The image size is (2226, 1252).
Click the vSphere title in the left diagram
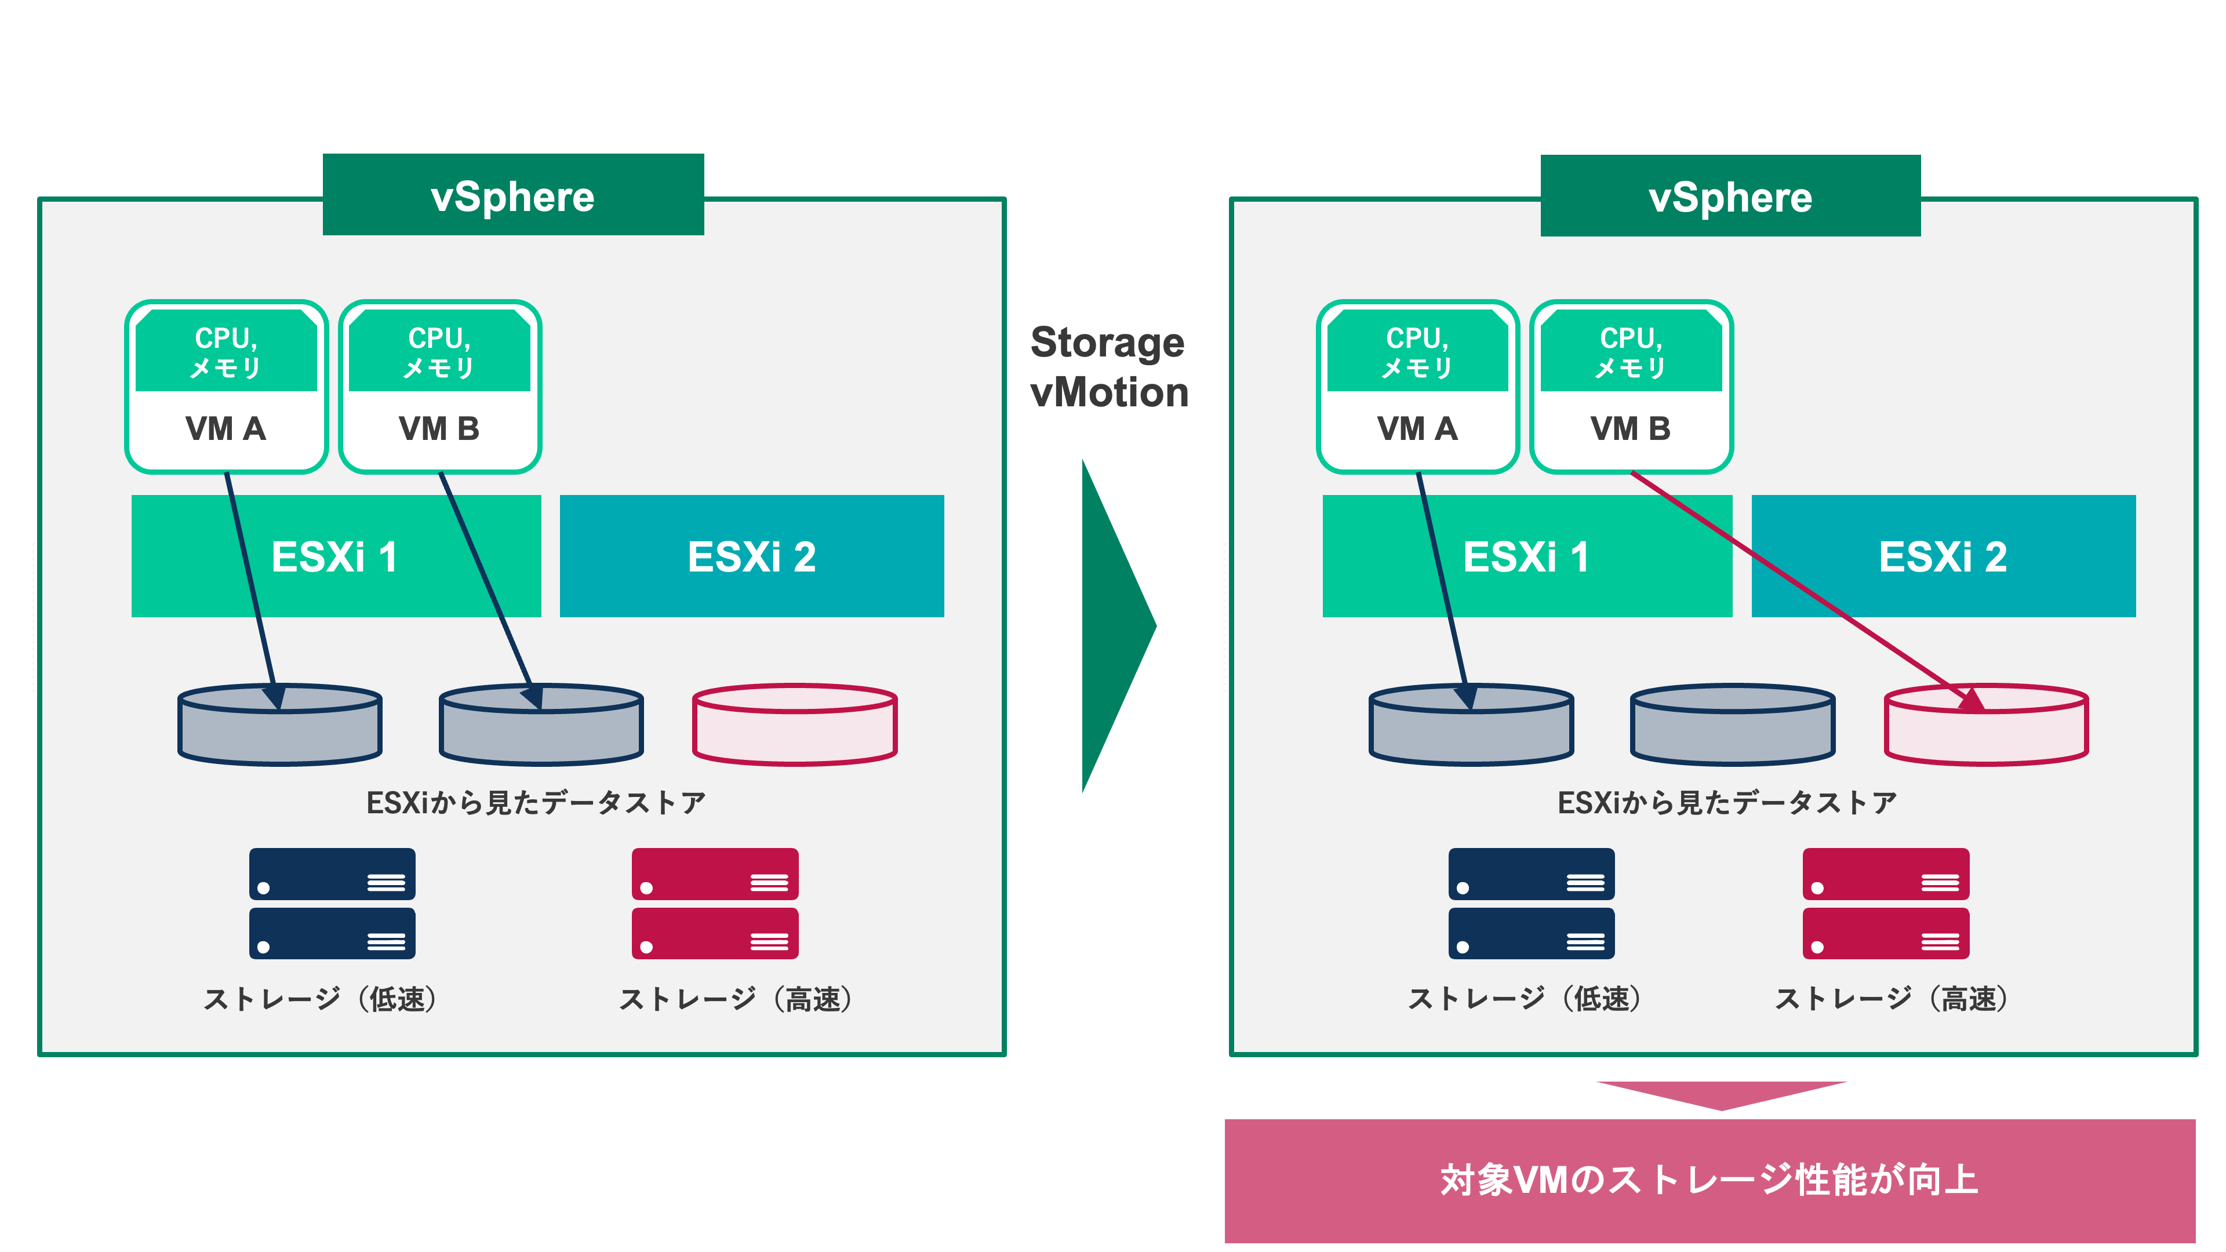pos(513,195)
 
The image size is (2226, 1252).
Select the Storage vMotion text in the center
pos(1109,367)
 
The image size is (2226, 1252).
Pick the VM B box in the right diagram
pos(1631,428)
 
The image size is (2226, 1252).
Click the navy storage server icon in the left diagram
pos(332,903)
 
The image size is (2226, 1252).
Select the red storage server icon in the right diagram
pos(1886,903)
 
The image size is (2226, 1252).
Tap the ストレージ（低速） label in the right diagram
pos(1525,999)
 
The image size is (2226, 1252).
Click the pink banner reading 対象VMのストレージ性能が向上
pos(1709,1180)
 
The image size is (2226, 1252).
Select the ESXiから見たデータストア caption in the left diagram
pos(536,803)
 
